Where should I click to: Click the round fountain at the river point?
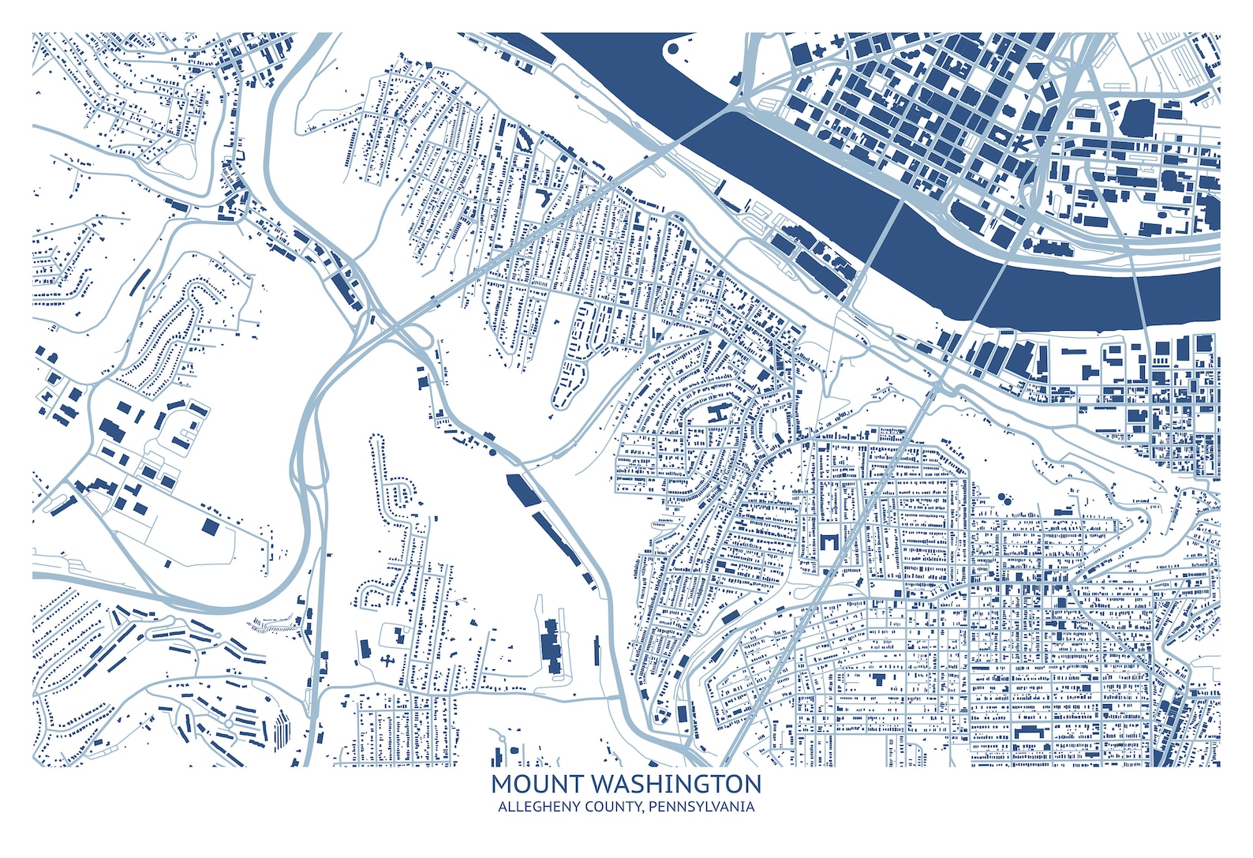[673, 49]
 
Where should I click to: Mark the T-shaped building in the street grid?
[879, 678]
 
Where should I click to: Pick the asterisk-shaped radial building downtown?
[1019, 144]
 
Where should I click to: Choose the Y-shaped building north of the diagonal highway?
[544, 195]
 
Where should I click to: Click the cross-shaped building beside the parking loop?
[387, 659]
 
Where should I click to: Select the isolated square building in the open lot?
[211, 526]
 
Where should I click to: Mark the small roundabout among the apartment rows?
[230, 722]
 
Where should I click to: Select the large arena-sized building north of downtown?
[1138, 118]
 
